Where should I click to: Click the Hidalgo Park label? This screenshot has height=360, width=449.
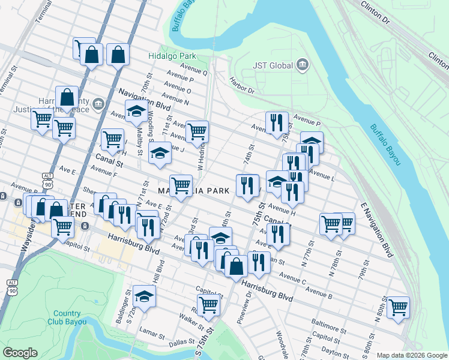point(169,56)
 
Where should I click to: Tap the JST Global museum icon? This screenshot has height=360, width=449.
point(302,65)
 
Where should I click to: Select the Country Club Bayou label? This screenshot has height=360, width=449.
point(67,317)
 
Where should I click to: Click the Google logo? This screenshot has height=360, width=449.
point(20,353)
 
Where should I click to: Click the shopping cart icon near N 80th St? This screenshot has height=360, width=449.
point(397,307)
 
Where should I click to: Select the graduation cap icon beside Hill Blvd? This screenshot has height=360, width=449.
point(144,296)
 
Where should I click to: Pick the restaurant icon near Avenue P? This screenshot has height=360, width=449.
point(277,122)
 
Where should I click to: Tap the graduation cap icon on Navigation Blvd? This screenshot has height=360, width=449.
point(136,110)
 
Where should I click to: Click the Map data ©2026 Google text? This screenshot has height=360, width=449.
point(411,355)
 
